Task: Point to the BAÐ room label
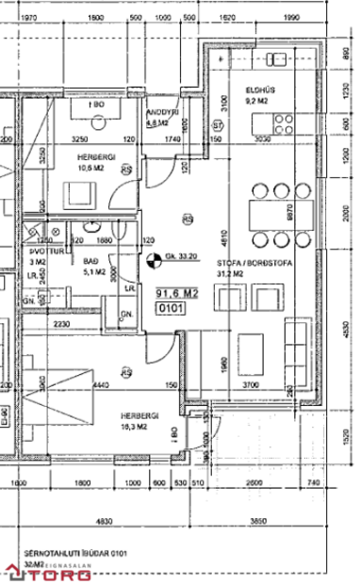coord(91,259)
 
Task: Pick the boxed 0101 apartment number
coord(169,307)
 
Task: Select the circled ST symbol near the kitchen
coord(218,124)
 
